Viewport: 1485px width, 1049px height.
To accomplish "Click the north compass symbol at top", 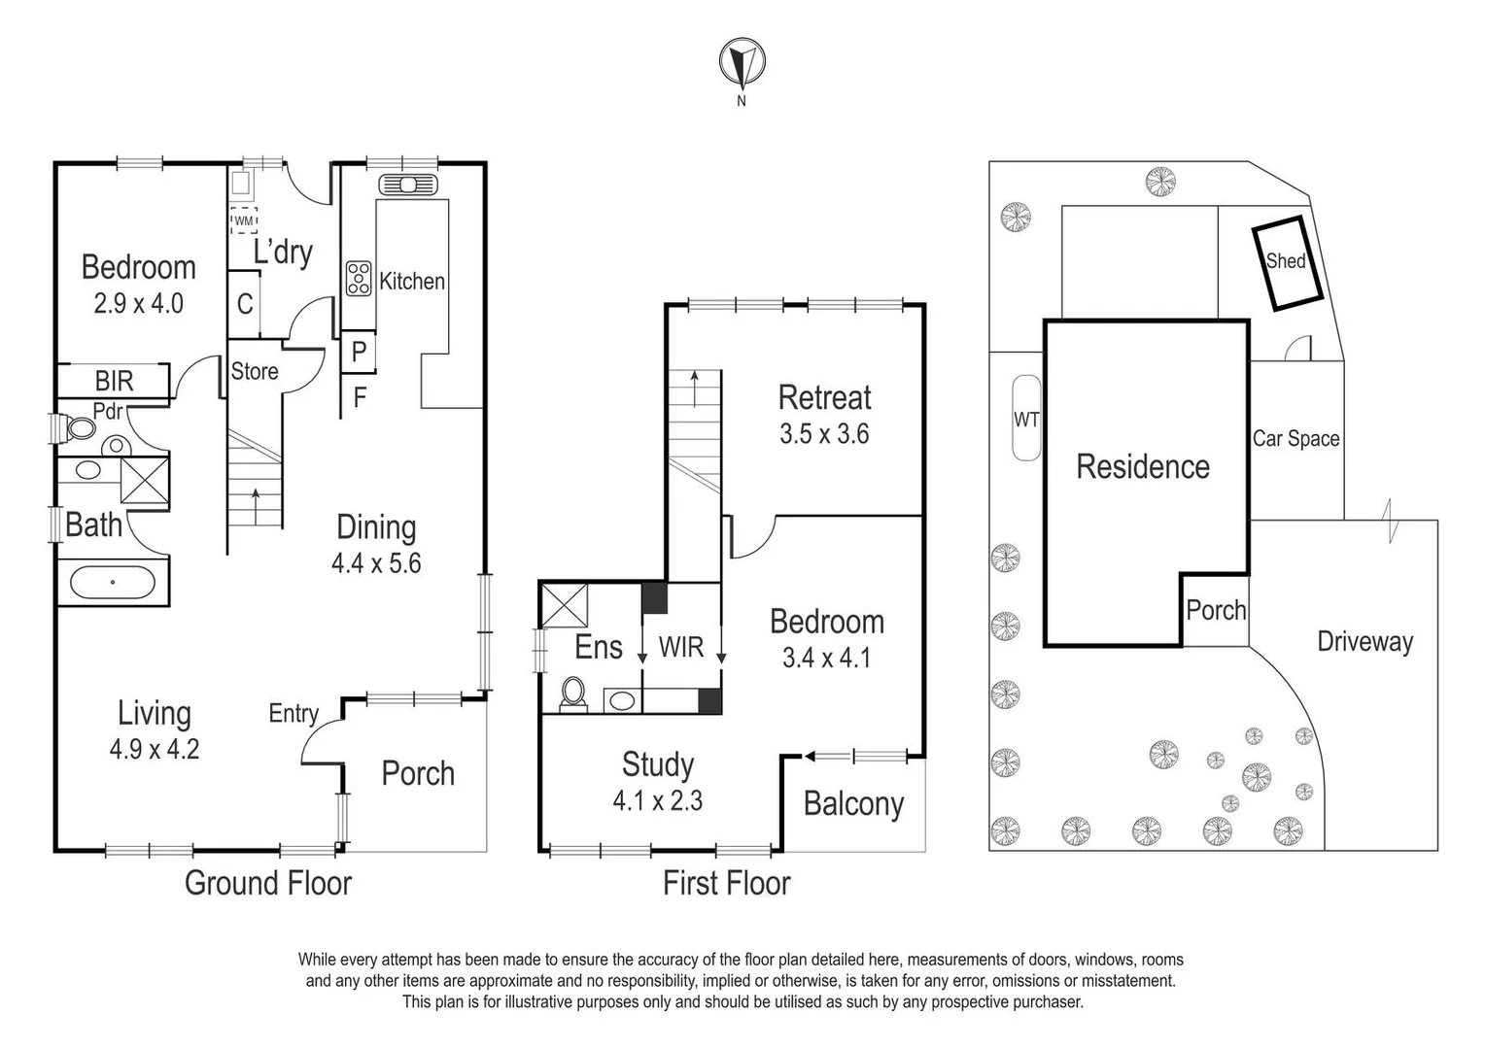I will tap(742, 64).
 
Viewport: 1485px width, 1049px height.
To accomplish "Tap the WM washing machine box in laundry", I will tap(244, 220).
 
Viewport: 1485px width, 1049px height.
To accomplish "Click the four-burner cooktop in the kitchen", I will tap(358, 278).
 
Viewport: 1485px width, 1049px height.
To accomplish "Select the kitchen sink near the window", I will tap(407, 184).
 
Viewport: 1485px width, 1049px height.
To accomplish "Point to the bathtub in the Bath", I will tap(114, 583).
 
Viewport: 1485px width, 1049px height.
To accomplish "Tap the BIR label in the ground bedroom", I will tap(114, 380).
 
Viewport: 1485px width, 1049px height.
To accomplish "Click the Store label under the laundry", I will tap(255, 371).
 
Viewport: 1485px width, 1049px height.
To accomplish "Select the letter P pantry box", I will tap(359, 351).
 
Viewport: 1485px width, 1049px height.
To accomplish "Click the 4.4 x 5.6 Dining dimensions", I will tap(376, 563).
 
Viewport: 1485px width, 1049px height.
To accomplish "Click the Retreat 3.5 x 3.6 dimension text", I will tap(824, 434).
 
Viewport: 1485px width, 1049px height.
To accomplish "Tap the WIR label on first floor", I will tap(680, 647).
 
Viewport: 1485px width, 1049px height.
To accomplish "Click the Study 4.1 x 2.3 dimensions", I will tap(657, 801).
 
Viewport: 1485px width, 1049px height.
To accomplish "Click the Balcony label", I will tap(853, 804).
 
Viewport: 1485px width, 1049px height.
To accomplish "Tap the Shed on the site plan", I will tap(1286, 261).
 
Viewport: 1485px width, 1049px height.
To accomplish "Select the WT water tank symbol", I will tap(1026, 419).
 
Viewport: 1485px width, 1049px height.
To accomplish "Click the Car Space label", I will tap(1295, 438).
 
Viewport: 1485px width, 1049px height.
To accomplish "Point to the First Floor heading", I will tap(726, 883).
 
